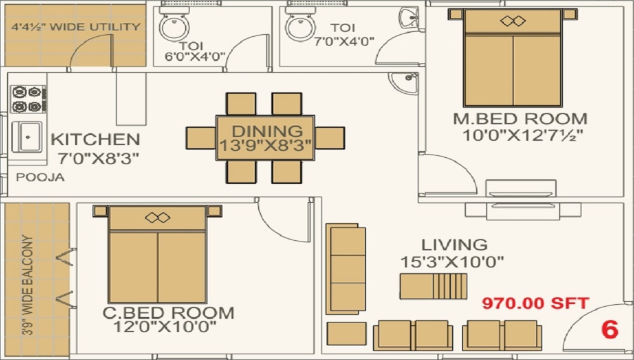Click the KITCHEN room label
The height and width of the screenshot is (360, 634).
(95, 139)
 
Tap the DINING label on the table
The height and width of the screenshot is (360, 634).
(266, 131)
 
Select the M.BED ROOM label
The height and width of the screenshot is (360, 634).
(520, 119)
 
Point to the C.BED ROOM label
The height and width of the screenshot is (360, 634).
(168, 312)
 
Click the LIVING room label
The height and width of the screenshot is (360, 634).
(455, 245)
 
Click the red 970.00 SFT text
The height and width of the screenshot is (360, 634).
(536, 303)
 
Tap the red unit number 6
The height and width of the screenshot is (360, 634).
(609, 330)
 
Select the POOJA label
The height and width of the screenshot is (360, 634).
(40, 177)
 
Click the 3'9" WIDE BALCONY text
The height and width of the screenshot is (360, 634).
(27, 285)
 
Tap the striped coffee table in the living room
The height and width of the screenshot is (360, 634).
(433, 286)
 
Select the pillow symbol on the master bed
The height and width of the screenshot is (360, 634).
(513, 21)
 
